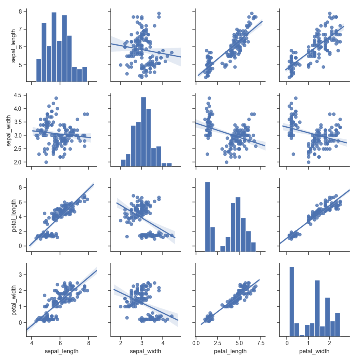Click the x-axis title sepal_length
60,352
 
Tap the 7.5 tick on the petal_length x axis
260,342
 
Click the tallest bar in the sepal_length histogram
54,46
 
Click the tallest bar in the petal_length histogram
207,216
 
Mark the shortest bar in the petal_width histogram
302,336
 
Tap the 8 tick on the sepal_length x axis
88,342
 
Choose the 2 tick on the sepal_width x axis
121,342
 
